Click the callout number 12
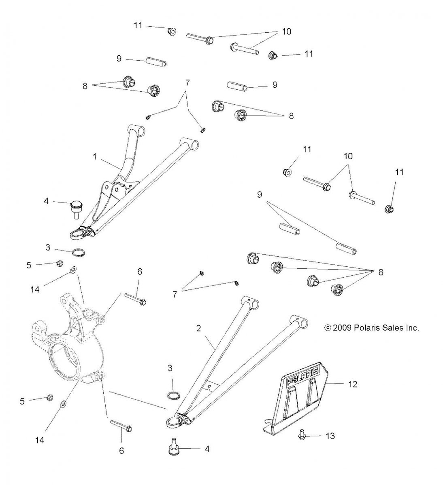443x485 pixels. [353, 384]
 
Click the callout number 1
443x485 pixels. [95, 156]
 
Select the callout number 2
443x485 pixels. [198, 328]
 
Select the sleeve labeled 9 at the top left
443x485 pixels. [156, 62]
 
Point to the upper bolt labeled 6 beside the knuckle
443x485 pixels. [135, 299]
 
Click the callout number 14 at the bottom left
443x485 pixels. [40, 440]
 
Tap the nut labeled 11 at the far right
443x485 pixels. [389, 209]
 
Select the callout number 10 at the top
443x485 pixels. [287, 32]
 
